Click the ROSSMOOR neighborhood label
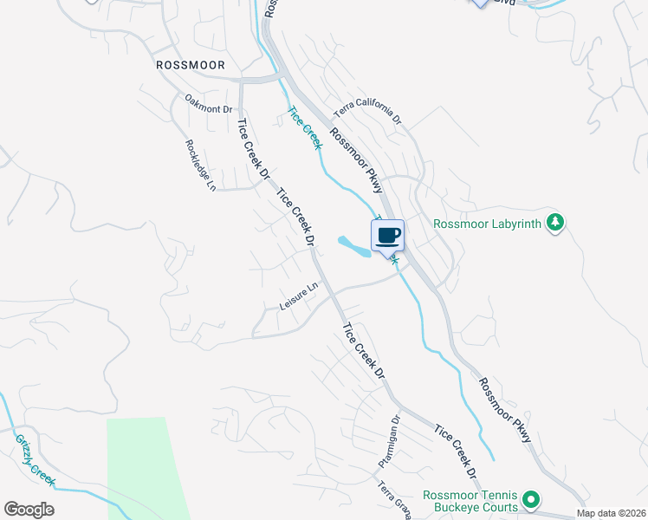pos(190,65)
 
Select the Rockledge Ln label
pos(200,166)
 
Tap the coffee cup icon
pos(388,234)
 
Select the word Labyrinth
pos(515,224)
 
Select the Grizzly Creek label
pos(35,460)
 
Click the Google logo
pos(29,509)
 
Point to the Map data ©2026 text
pos(610,513)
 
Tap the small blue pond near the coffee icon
pos(356,247)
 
